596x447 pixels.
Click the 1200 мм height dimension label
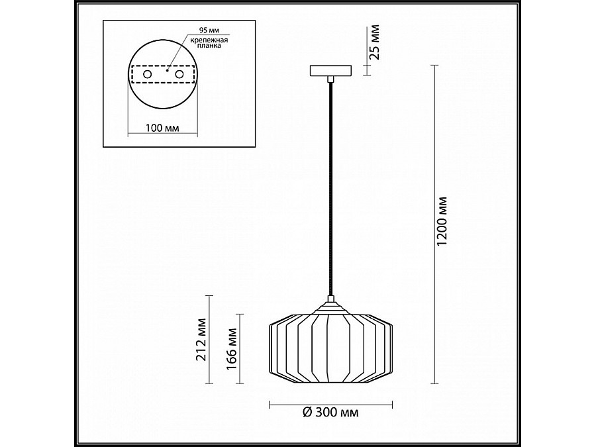coord(442,221)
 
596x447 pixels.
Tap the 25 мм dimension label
coord(375,42)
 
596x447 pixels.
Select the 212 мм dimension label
coord(201,340)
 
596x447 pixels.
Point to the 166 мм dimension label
coord(232,348)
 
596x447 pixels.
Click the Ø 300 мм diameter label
coord(330,412)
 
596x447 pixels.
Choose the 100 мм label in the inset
coord(162,128)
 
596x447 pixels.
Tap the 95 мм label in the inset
coord(209,30)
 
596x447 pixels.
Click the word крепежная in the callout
coord(209,40)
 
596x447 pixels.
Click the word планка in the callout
coord(209,46)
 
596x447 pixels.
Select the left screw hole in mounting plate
coord(147,74)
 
